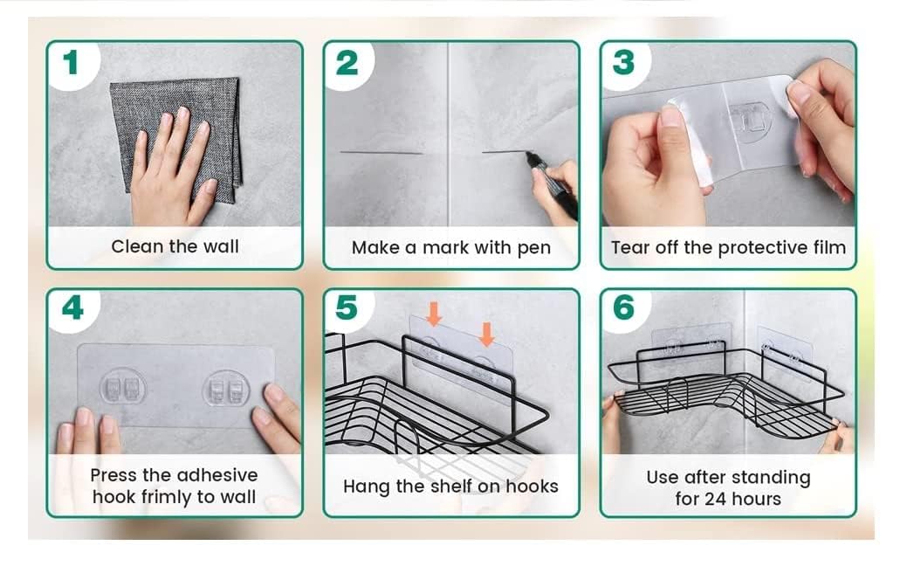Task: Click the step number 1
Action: pos(71,63)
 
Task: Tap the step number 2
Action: pos(347,63)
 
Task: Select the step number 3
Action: pos(623,63)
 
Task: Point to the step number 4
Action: pos(72,307)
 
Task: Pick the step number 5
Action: pos(347,307)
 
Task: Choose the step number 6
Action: pos(624,307)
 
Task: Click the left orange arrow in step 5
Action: pos(434,314)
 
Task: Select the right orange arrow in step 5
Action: pos(487,335)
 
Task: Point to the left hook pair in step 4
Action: pos(122,387)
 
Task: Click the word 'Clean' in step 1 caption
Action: pos(137,246)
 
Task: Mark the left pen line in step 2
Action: pos(381,153)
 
